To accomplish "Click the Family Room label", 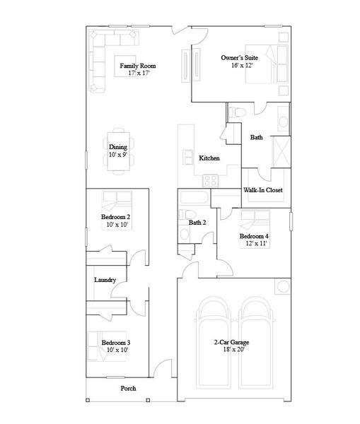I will click(137, 66).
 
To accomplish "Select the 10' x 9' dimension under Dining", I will click(117, 155).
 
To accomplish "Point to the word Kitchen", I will click(209, 158).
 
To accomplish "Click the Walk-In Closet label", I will click(263, 190).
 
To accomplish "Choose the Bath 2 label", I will click(197, 223).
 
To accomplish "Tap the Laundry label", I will click(105, 280).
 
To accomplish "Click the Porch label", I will click(128, 389).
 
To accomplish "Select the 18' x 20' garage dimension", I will click(232, 349).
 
